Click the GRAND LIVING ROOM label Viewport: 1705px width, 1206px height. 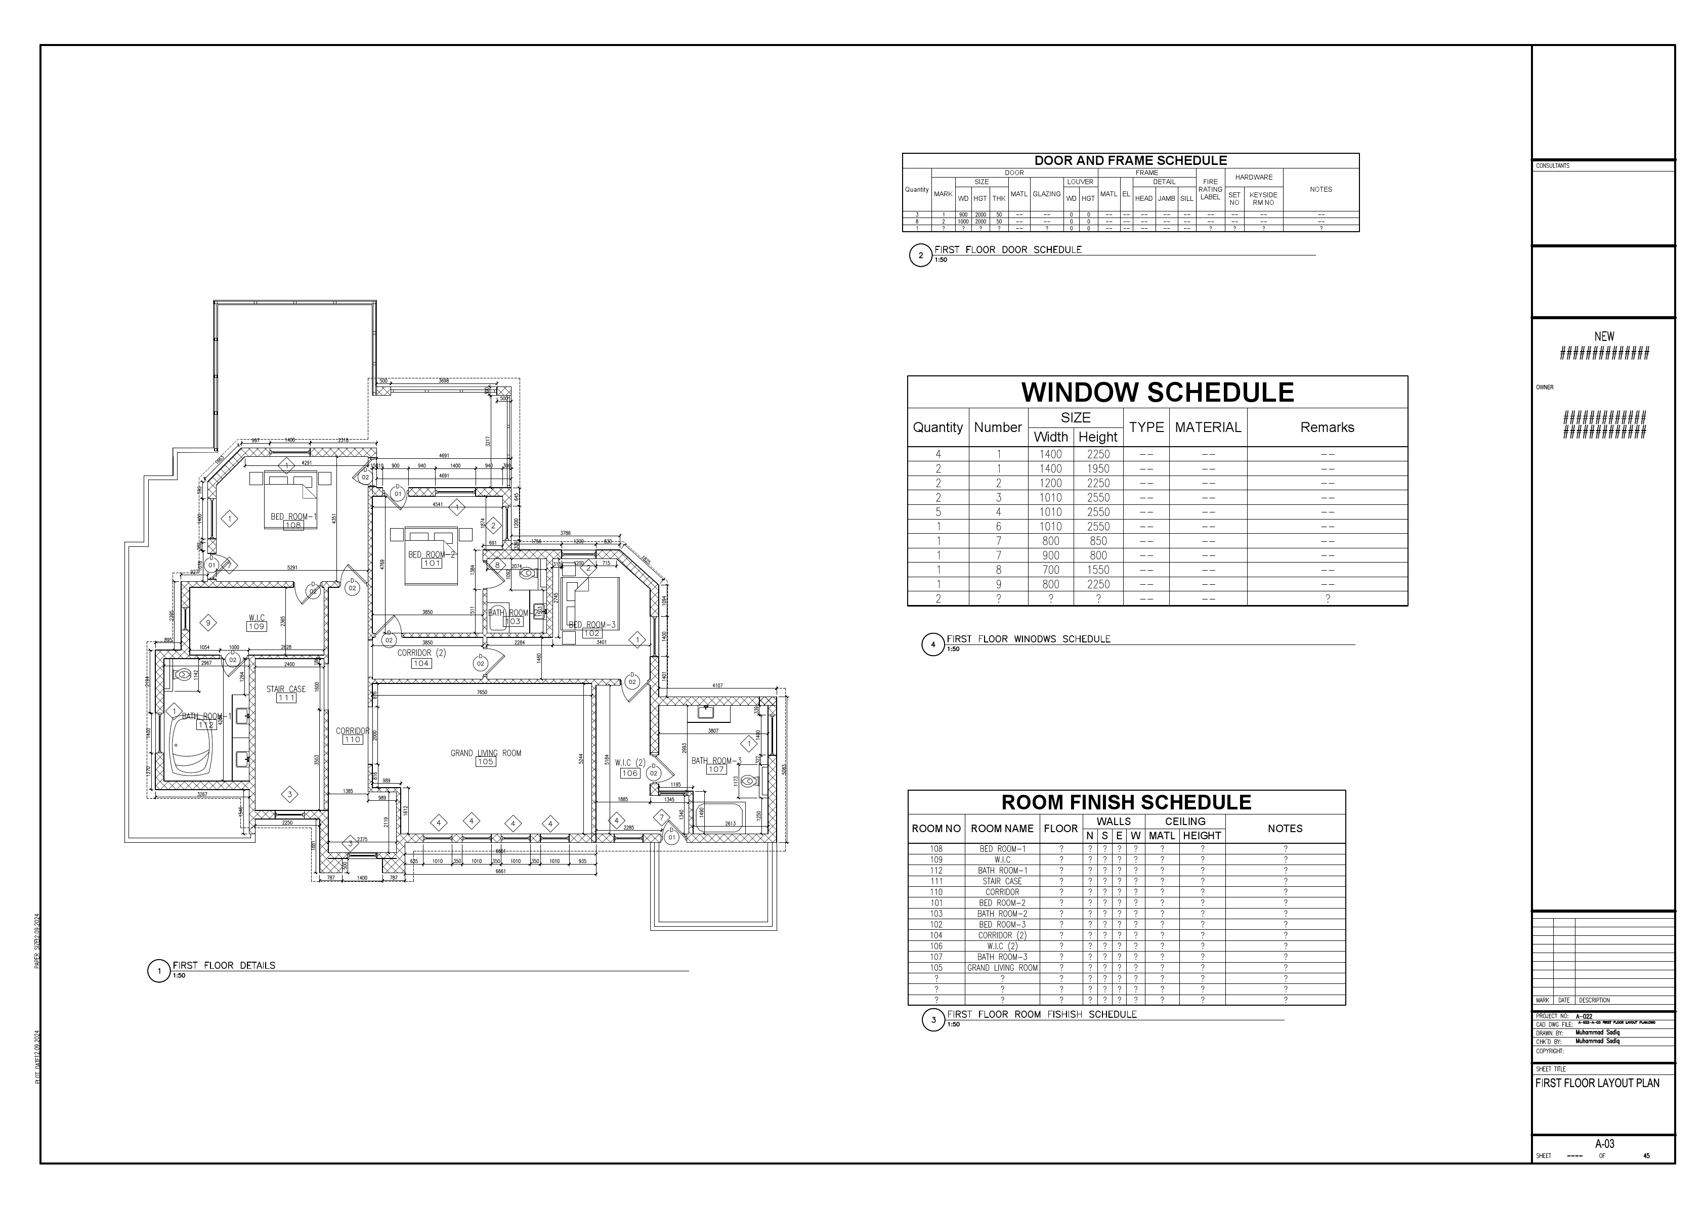click(x=486, y=753)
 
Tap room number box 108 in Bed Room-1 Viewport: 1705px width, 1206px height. click(x=293, y=526)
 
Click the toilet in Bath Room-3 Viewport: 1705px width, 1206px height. click(x=749, y=781)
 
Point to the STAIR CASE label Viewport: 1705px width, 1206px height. click(x=286, y=689)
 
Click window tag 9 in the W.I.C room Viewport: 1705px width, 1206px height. click(x=208, y=623)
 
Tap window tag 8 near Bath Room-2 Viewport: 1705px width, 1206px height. click(x=497, y=565)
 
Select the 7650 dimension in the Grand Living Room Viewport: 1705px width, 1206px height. click(x=482, y=692)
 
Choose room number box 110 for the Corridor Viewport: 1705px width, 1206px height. click(x=352, y=740)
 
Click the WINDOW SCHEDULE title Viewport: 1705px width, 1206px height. click(x=1157, y=392)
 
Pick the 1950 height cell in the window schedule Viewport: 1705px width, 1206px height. click(x=1097, y=468)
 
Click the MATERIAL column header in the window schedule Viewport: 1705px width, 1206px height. click(x=1208, y=427)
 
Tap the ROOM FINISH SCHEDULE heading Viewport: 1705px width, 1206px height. click(x=1126, y=802)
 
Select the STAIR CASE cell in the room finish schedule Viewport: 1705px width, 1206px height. click(x=1002, y=881)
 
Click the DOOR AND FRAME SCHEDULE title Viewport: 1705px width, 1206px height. click(x=1130, y=160)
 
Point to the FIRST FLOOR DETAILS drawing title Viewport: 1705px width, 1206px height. click(x=224, y=965)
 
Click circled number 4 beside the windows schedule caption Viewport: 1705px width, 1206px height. click(x=933, y=644)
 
